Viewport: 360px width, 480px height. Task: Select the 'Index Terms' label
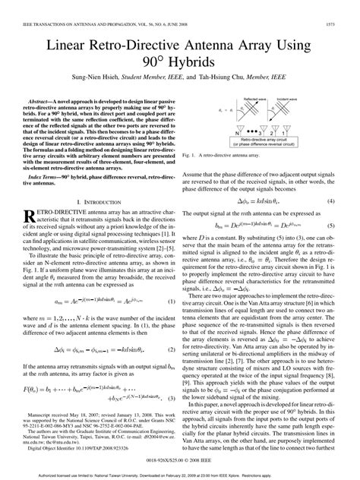point(49,175)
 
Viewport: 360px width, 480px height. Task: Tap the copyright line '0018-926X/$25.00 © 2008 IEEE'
point(181,461)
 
